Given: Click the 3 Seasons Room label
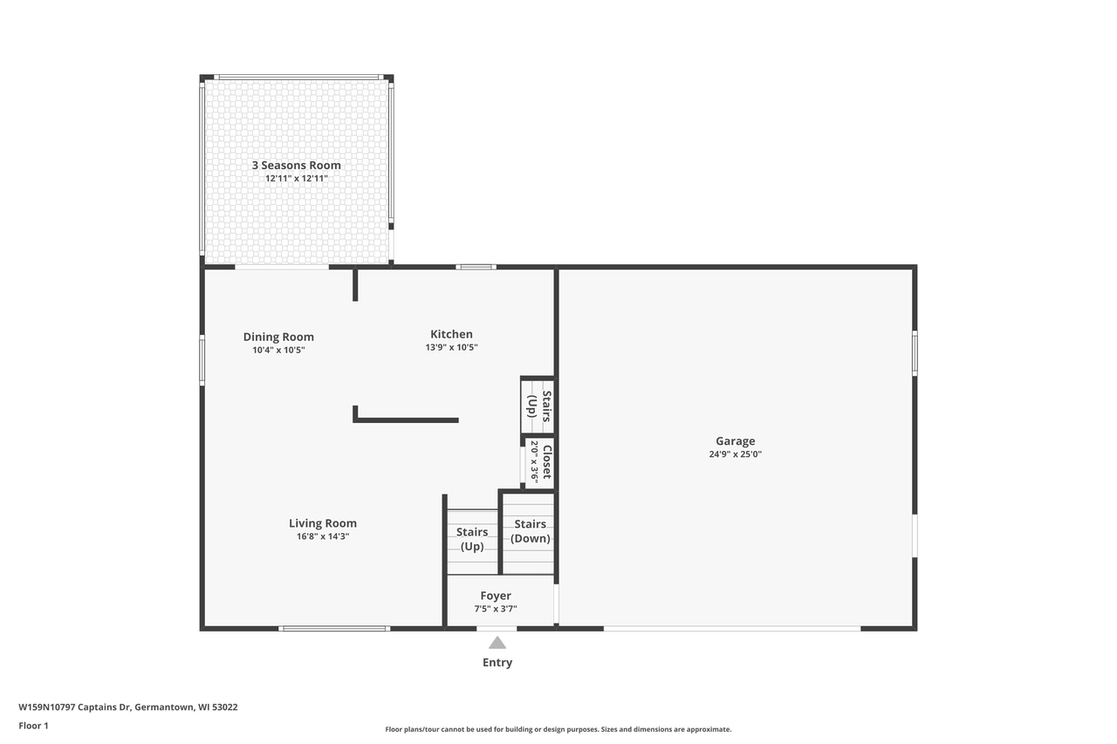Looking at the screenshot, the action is point(296,165).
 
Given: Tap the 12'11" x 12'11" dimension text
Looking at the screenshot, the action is point(296,179).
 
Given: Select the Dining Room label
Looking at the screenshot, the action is point(278,337).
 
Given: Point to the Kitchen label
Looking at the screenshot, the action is point(451,334).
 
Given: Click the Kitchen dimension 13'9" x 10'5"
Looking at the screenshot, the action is point(451,347).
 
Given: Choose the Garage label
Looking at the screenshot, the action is point(735,441).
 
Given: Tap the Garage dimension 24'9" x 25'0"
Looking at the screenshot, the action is point(735,454).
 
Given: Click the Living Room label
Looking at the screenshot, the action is point(323,523).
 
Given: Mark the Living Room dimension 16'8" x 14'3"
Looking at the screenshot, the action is point(323,536).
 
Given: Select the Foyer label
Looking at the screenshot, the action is point(495,596).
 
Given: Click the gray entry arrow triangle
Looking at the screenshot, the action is point(497,643).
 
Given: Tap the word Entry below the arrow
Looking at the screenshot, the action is point(497,662).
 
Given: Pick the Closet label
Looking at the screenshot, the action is point(547,462).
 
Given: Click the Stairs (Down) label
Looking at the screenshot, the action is point(530,531).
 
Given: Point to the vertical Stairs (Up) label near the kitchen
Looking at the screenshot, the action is point(539,406).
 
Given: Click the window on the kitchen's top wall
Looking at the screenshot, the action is point(476,267).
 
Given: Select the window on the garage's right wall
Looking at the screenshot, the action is point(915,353).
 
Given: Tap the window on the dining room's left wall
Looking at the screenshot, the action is point(202,360).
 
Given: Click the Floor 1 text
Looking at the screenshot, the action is point(33,726).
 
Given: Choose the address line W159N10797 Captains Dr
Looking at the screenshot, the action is point(128,707).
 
